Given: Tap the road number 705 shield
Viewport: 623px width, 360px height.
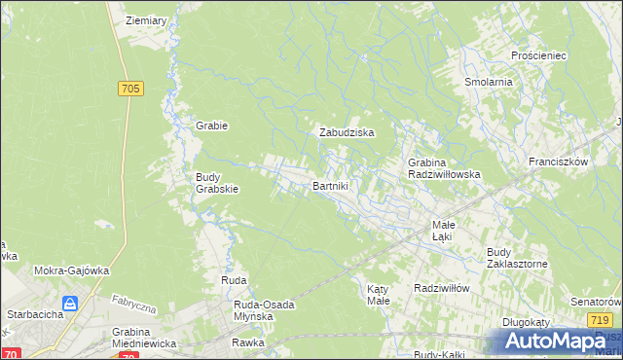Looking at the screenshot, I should (132, 90).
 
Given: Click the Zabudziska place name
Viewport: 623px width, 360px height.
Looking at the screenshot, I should (348, 132).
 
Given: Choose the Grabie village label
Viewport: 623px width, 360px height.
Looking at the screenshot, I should (211, 126).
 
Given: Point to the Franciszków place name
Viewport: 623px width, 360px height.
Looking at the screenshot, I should (559, 162).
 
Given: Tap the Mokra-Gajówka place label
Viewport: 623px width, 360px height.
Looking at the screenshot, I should (71, 271).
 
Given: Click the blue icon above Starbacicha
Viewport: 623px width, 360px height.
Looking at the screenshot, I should (70, 304).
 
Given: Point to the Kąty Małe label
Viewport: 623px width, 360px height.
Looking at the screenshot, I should (378, 294).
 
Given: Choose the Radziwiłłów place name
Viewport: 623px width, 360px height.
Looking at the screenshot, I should (442, 288).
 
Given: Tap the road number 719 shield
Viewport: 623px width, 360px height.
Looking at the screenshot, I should (601, 320).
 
